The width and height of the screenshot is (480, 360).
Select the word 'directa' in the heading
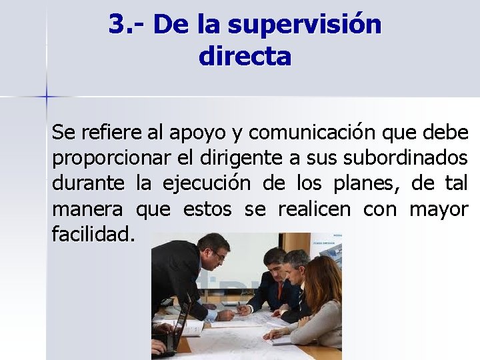point(245,56)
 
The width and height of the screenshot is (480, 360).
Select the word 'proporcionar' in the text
point(105,159)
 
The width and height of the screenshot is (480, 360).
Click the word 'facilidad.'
point(93,234)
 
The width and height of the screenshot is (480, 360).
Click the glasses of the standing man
point(218,255)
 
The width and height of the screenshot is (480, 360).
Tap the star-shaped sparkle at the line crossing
point(47,97)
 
